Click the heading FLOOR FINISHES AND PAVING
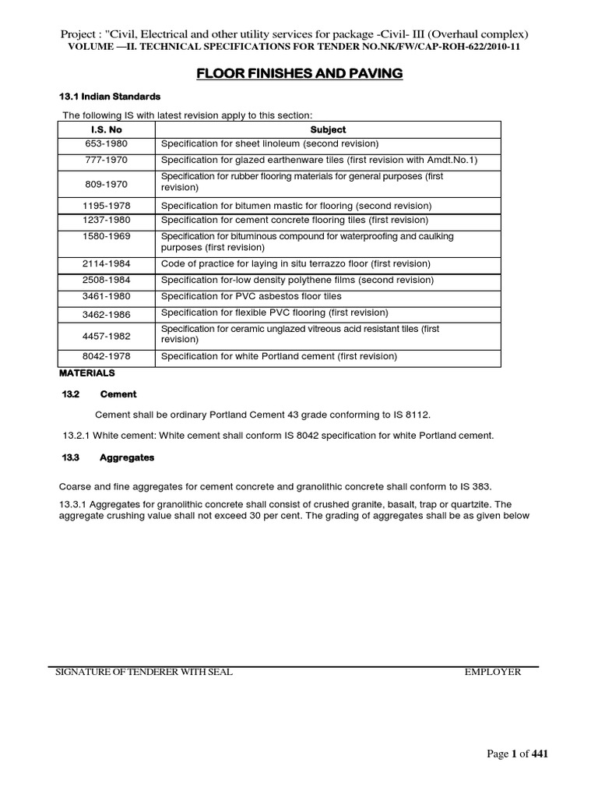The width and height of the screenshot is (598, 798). pos(298,73)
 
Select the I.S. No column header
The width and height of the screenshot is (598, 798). pos(107,129)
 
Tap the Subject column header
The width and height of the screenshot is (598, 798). pos(328,129)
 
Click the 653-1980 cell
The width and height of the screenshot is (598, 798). pos(107,144)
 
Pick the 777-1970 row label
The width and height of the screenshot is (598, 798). pos(107,160)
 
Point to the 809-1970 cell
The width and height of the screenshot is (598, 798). pos(107,183)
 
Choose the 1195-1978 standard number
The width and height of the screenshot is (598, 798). pos(107,206)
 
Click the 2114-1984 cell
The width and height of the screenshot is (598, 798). pos(107,264)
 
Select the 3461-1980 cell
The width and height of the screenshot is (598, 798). pos(107,297)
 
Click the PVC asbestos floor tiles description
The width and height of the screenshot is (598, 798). pos(252,297)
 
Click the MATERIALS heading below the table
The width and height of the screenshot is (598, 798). pos(86,373)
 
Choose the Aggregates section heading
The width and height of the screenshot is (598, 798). pos(127,457)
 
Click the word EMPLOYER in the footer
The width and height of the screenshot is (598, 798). pos(492,672)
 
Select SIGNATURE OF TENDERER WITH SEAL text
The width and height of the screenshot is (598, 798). pos(142,672)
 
